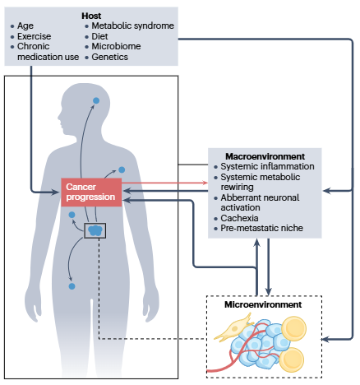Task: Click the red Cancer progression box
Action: (x=91, y=192)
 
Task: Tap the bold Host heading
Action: (x=91, y=16)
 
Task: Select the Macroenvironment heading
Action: (x=265, y=156)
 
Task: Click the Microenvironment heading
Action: (x=263, y=304)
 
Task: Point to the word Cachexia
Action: (x=239, y=218)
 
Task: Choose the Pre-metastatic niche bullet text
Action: (x=262, y=228)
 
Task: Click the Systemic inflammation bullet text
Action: (x=267, y=166)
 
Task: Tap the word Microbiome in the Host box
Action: (x=116, y=46)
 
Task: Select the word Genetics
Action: (x=110, y=57)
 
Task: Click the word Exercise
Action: (x=35, y=36)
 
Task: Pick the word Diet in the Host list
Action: (x=99, y=36)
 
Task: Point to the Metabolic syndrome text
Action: (x=133, y=26)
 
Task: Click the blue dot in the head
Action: (x=96, y=100)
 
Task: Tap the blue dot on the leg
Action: (x=72, y=286)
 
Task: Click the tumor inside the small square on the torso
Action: (x=95, y=230)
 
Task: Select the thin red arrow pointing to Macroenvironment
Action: (x=165, y=183)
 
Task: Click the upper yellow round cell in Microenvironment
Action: (x=293, y=328)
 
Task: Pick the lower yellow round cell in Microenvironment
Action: (x=292, y=359)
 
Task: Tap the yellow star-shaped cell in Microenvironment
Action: (x=233, y=327)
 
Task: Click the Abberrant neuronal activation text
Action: (x=260, y=202)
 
